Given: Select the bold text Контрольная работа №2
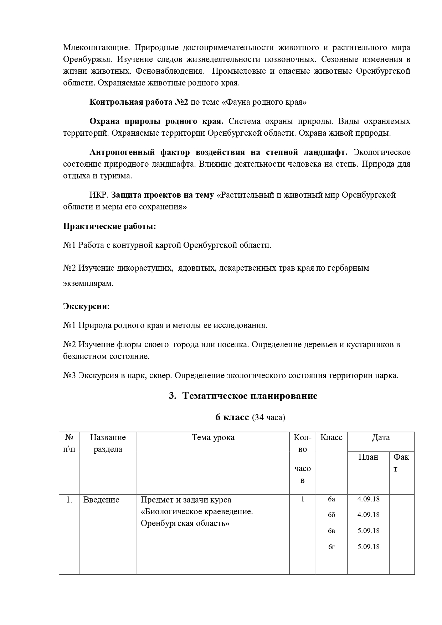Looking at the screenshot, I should click(x=139, y=102).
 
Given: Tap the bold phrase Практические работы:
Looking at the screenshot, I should click(x=109, y=226).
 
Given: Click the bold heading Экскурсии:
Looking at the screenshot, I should click(x=86, y=306).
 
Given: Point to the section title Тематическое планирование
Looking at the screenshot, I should click(x=250, y=396).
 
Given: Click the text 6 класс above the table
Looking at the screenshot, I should click(x=232, y=417).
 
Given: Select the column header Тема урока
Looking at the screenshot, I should click(x=213, y=437).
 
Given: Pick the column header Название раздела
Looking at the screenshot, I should click(x=108, y=443).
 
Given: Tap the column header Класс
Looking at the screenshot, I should click(x=331, y=437).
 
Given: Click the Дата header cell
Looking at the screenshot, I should click(x=381, y=437).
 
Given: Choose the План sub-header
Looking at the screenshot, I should click(x=368, y=457).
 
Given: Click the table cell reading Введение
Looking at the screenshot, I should click(x=101, y=500).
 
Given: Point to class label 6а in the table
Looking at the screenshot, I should click(x=331, y=499).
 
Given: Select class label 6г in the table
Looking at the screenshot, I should click(x=331, y=547).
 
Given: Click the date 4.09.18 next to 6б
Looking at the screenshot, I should click(x=369, y=515).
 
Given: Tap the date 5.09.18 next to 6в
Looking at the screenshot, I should click(x=369, y=531).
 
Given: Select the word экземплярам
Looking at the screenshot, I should click(x=88, y=283).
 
